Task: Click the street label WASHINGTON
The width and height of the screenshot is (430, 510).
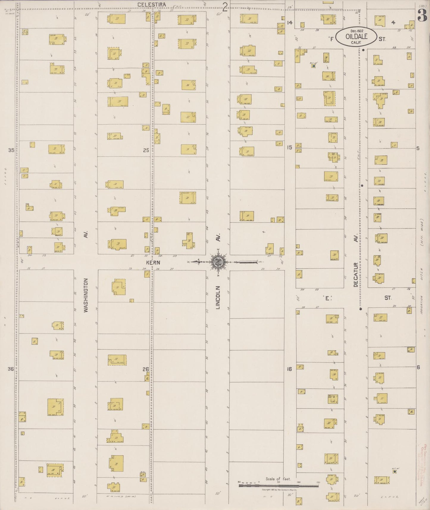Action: tap(86, 295)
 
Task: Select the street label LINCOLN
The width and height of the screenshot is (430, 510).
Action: tap(218, 297)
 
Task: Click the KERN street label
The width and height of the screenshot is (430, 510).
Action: tap(153, 262)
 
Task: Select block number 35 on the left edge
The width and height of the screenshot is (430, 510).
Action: tap(11, 150)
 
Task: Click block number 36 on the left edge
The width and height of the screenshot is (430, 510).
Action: tap(11, 369)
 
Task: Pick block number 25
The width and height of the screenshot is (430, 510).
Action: tap(146, 150)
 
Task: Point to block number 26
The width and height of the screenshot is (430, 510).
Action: tap(145, 369)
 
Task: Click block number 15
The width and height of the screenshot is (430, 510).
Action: tap(289, 147)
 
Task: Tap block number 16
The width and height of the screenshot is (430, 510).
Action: tap(289, 369)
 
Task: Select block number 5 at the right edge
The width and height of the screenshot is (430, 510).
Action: tap(418, 148)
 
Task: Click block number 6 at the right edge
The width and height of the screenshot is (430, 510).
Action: tap(418, 367)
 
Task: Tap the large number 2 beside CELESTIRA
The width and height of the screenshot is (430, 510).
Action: tap(225, 6)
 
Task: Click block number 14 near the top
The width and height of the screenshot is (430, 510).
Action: tap(290, 23)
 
